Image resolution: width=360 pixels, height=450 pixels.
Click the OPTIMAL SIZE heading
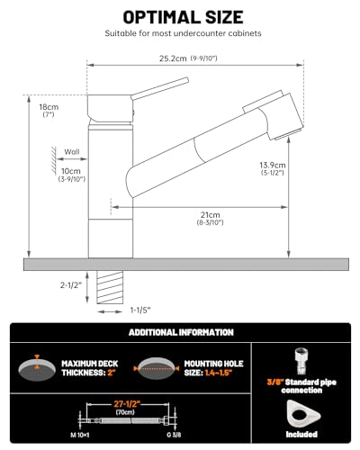pyautogui.click(x=180, y=17)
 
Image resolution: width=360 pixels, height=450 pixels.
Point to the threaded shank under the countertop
pyautogui.click(x=109, y=288)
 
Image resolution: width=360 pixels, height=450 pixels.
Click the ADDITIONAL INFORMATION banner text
pyautogui.click(x=180, y=332)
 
